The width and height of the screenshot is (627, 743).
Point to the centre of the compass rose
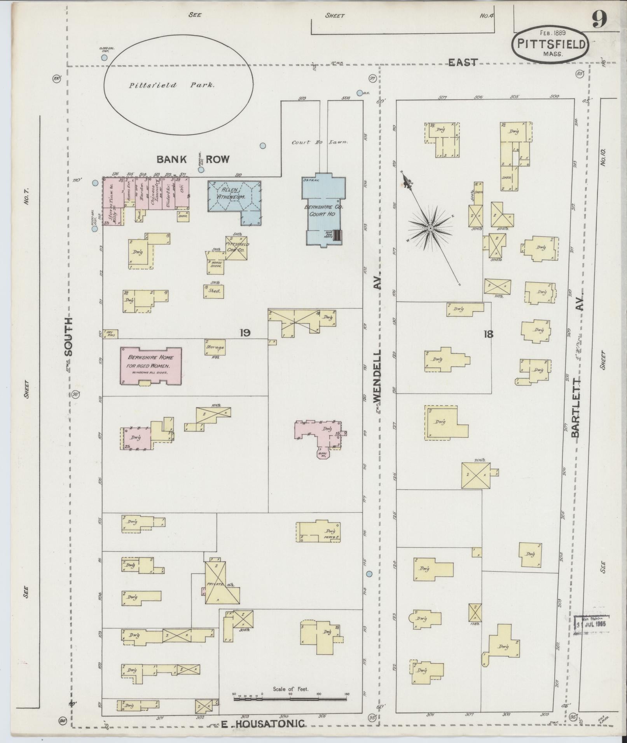431,228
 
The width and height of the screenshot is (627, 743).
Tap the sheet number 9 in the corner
599,20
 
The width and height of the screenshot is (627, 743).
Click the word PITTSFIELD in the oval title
551,44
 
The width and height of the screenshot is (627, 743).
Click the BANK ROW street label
193,159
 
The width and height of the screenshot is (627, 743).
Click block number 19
245,332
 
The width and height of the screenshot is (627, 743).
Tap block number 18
488,333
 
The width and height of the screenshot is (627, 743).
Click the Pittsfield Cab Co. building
236,247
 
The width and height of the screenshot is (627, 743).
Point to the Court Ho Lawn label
320,142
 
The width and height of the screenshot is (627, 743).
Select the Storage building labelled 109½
215,347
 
